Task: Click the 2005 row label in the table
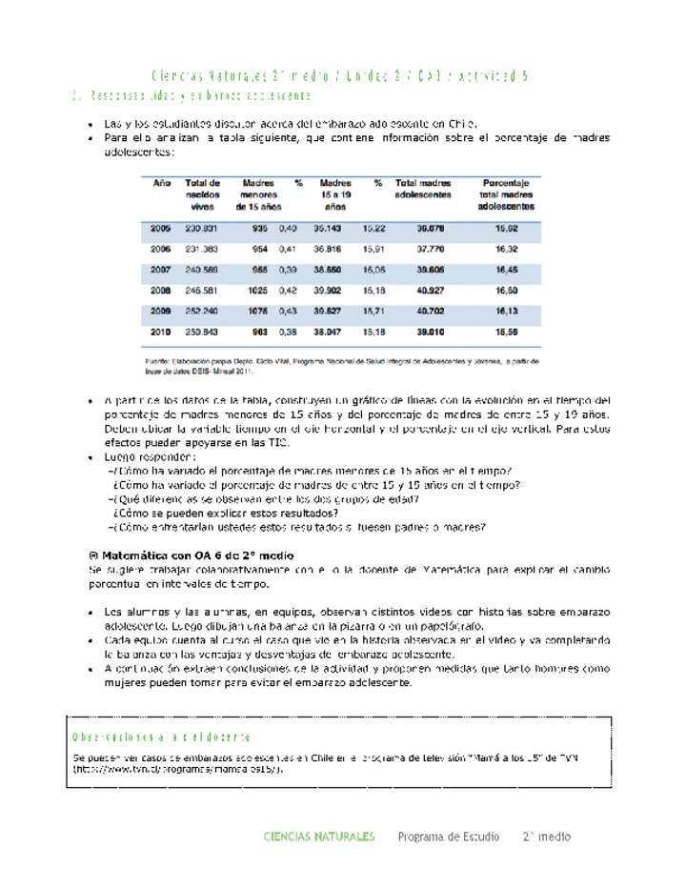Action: click(x=160, y=228)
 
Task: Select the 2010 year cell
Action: click(x=160, y=331)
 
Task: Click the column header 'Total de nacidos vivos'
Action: click(x=202, y=193)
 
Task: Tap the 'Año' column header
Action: click(x=162, y=183)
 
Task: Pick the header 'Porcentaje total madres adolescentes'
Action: click(x=506, y=193)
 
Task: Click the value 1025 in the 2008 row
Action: click(x=257, y=290)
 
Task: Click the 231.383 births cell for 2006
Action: click(x=202, y=249)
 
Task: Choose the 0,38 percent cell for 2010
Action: click(x=288, y=331)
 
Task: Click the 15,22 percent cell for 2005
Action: click(x=373, y=228)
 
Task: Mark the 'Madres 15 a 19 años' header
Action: click(x=335, y=193)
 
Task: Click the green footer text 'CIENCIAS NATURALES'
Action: click(x=318, y=837)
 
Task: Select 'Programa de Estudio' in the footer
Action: click(x=448, y=837)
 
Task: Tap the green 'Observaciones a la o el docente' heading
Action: click(x=162, y=737)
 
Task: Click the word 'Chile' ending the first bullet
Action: click(x=461, y=123)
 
